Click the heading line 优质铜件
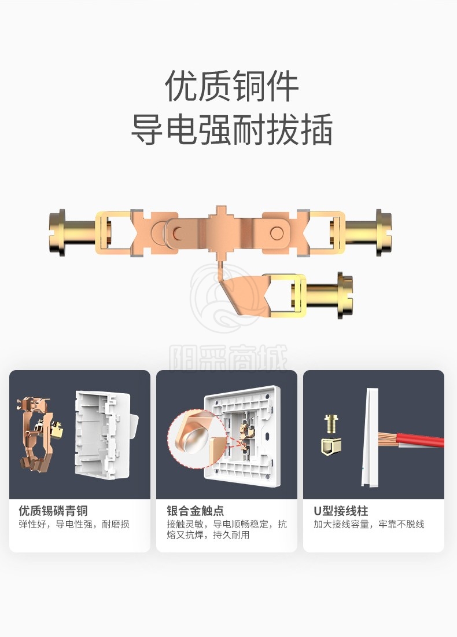pos(232,86)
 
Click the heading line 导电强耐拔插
pos(232,129)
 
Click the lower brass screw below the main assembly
pos(329,295)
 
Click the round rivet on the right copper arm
pos(277,233)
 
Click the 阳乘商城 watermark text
pos(228,358)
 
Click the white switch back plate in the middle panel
pos(243,435)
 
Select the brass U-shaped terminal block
pos(331,446)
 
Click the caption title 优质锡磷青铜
pos(53,511)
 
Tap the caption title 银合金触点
pos(195,511)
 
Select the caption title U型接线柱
pos(341,511)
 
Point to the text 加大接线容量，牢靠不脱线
pos(369,525)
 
